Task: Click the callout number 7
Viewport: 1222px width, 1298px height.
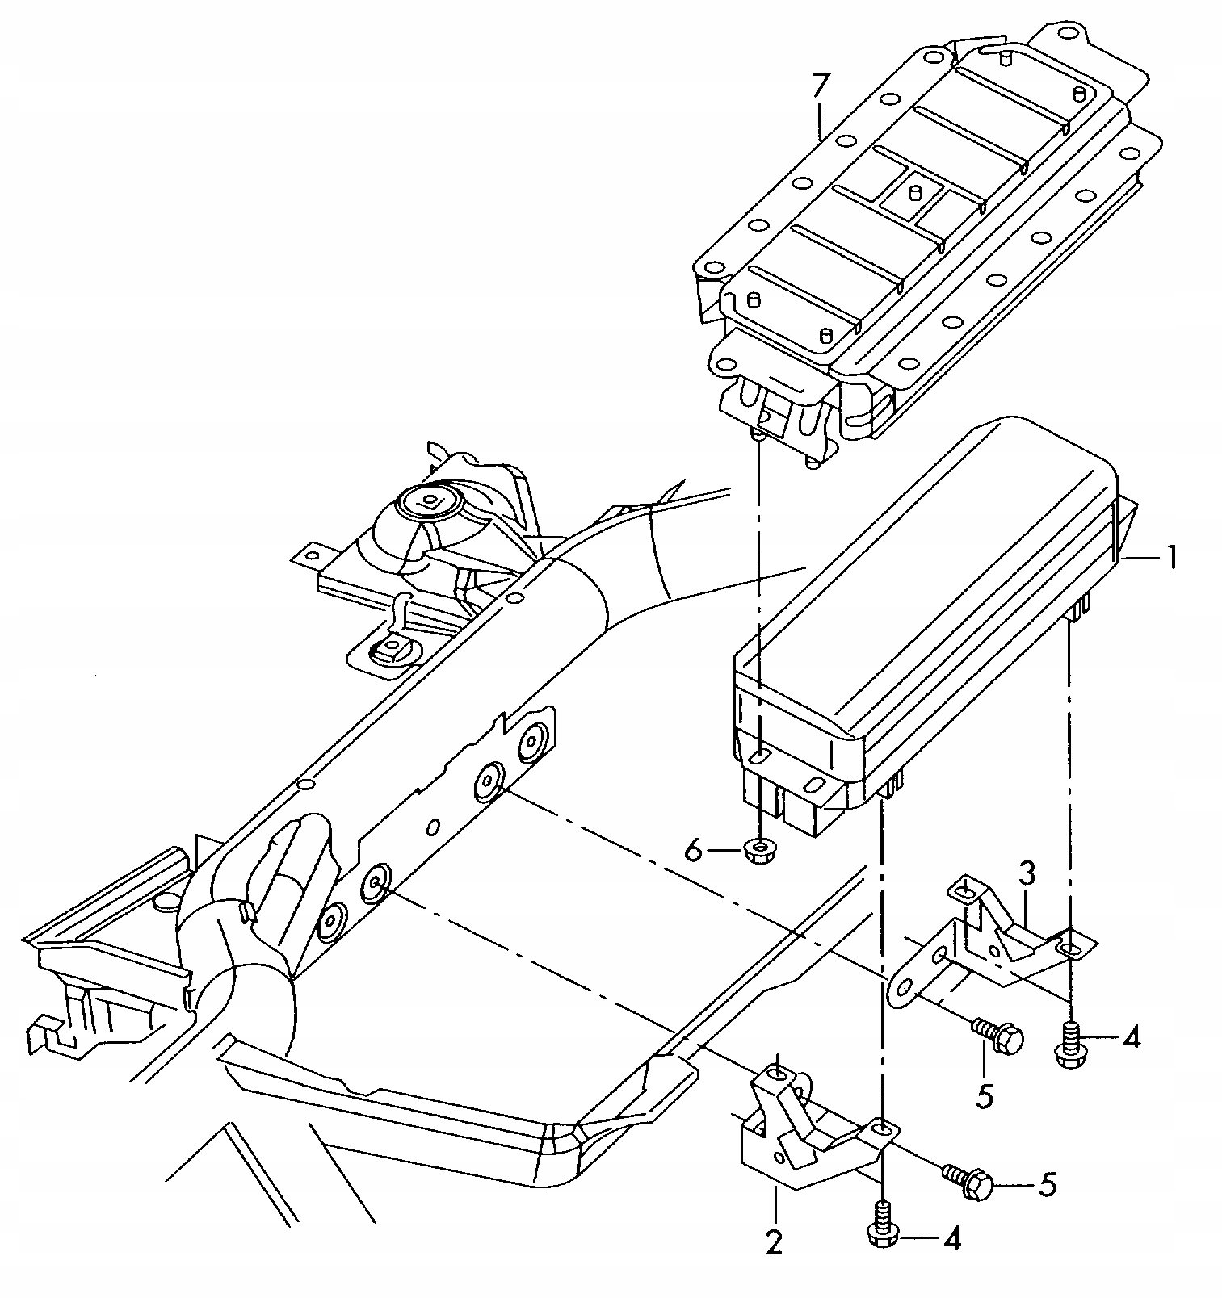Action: (x=820, y=86)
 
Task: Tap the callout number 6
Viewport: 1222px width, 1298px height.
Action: (x=694, y=849)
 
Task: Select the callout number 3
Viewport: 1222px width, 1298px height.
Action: (x=1026, y=874)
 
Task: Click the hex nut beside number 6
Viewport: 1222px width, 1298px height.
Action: (x=758, y=851)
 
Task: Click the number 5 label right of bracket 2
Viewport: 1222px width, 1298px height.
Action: (x=1046, y=1185)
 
